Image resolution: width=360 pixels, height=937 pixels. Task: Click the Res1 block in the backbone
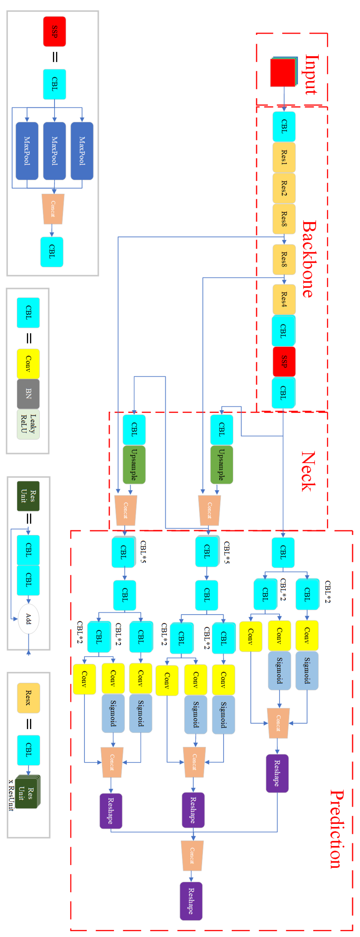pos(284,157)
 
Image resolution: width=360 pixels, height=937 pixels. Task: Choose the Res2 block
pos(284,188)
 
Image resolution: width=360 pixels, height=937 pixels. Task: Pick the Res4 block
pos(284,299)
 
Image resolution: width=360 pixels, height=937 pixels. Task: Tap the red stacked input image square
pos(282,73)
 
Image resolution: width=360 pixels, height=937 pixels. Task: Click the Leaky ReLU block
pos(28,424)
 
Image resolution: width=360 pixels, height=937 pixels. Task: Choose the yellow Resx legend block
pos(28,698)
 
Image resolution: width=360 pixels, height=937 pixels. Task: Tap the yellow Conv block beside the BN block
pos(28,364)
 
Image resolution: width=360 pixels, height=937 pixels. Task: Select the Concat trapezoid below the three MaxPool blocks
pos(53,209)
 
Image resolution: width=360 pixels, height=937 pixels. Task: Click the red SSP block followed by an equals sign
pos(55,32)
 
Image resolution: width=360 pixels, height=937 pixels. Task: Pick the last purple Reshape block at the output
pos(191,901)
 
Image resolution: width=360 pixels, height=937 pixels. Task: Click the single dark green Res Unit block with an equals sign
pos(28,496)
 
